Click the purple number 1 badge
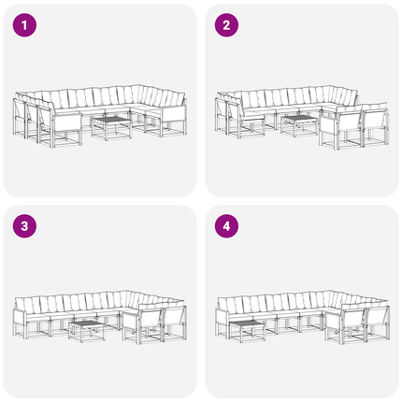[24, 25]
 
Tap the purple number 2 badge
[226, 25]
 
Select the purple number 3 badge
[24, 226]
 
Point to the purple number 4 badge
[226, 226]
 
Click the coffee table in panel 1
[111, 128]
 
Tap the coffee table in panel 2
[299, 125]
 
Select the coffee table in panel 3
[87, 331]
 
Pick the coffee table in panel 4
[248, 331]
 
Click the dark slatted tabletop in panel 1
[112, 120]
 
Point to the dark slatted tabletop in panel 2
[299, 118]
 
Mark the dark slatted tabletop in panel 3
[87, 323]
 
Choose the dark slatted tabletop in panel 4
[248, 324]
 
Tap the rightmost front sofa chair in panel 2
[376, 124]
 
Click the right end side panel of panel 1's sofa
[174, 115]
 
